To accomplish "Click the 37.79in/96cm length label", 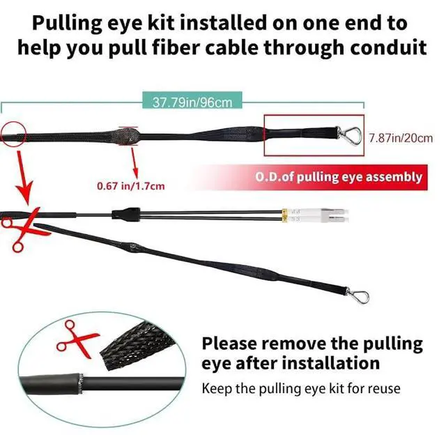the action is point(192,102).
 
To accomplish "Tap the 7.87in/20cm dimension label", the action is point(400,138).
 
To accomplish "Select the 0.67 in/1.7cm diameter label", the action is point(130,186).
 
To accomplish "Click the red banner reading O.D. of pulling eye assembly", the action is point(338,177).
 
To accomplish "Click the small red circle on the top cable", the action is point(13,132).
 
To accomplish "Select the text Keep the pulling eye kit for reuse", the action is point(300,388).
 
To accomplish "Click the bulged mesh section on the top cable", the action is point(128,132).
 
